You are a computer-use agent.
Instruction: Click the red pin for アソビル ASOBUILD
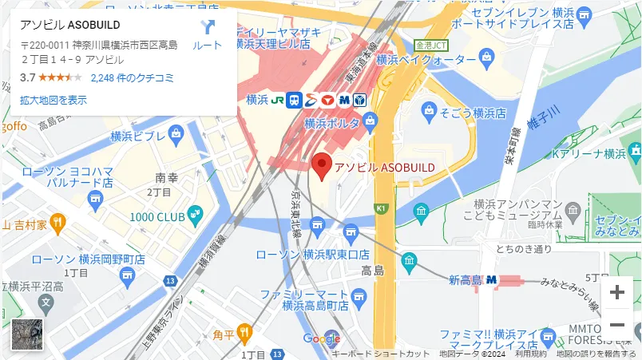pos(322,164)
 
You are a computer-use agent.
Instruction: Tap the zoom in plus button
pos(616,292)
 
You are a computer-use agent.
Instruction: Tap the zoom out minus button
pos(616,325)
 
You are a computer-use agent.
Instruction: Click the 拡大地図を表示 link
pos(53,100)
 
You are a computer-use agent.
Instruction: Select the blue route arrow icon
pos(208,29)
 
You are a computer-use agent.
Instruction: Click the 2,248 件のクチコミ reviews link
pos(133,77)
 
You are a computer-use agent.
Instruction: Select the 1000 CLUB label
pos(157,216)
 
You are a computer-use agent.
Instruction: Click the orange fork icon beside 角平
pos(244,330)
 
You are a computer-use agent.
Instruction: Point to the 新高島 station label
pos(466,280)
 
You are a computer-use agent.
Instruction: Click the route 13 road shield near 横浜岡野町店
pos(170,280)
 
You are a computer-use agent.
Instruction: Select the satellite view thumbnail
pos(26,334)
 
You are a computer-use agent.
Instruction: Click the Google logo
pos(321,338)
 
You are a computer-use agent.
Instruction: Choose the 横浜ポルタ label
pos(331,124)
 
